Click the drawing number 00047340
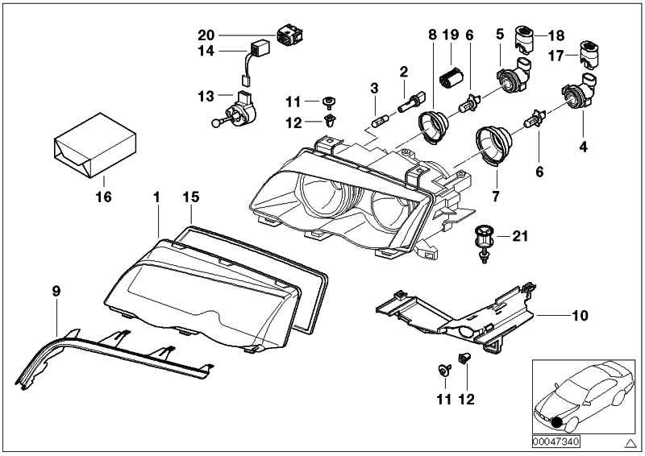point(555,441)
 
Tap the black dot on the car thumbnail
point(556,422)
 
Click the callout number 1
point(158,196)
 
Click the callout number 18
point(557,35)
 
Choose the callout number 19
point(450,35)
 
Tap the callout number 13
point(204,96)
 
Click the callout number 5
point(500,35)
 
